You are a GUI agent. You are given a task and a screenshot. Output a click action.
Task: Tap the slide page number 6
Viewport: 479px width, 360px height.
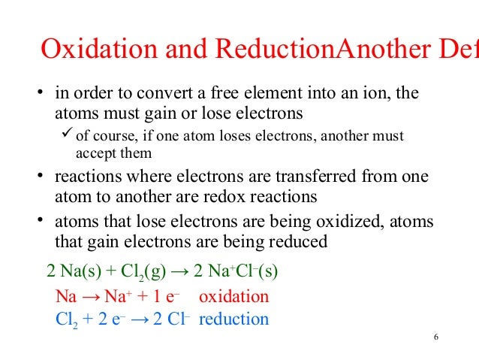(435, 335)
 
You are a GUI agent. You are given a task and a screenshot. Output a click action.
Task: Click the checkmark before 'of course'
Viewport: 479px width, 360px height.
(66, 135)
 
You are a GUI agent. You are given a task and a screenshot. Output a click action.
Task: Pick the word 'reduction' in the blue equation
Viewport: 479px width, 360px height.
(234, 319)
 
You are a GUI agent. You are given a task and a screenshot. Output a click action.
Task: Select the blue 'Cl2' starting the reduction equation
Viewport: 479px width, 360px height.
(67, 319)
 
